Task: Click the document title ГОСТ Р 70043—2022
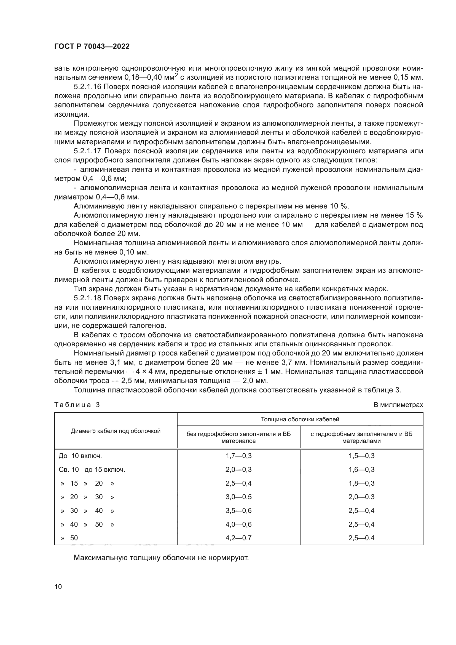[x=92, y=47]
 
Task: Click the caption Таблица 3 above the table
[x=77, y=405]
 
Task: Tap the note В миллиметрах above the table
[x=398, y=405]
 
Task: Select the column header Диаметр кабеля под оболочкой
[x=116, y=431]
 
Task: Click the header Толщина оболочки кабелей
[x=300, y=419]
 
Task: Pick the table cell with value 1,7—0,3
[x=239, y=456]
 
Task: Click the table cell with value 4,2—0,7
[x=239, y=538]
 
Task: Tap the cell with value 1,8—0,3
[x=361, y=483]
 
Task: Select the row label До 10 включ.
[x=80, y=456]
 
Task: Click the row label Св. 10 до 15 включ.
[x=92, y=469]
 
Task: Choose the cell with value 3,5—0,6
[x=239, y=510]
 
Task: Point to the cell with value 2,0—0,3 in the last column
[x=361, y=497]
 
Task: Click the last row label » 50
[x=69, y=538]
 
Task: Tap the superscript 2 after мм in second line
[x=176, y=75]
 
